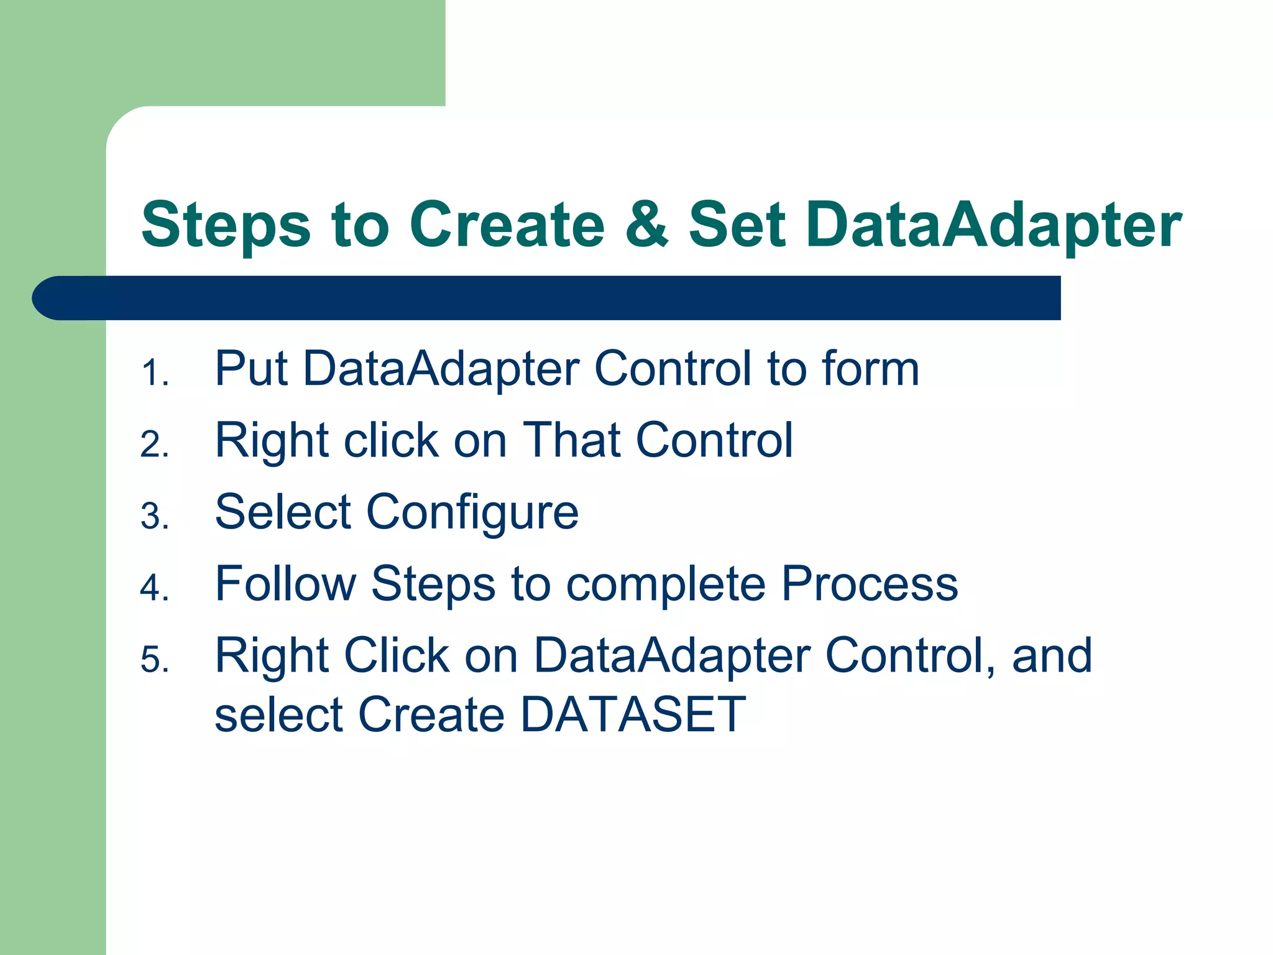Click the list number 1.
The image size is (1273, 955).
coord(154,374)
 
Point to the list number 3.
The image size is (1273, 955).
coord(154,517)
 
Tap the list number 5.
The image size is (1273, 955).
coord(154,660)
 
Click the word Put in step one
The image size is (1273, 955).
coord(250,369)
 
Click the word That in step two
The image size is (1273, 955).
coord(571,440)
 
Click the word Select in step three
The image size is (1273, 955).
coord(283,512)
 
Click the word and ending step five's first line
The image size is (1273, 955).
coord(1052,655)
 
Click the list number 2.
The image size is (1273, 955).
coord(154,445)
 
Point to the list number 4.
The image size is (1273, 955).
coord(154,588)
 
